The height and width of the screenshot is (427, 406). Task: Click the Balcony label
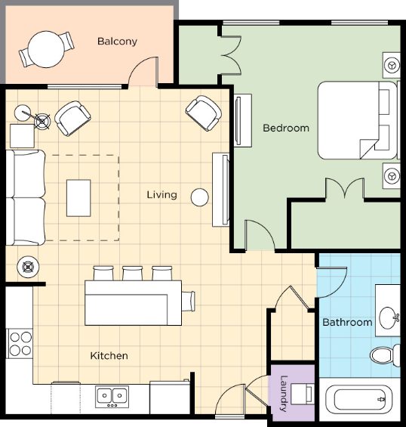(117, 42)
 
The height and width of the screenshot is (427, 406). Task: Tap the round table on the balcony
(47, 49)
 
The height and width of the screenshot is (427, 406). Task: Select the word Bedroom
(286, 128)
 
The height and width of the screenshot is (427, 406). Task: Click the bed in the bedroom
(357, 120)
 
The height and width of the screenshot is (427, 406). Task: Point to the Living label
(161, 195)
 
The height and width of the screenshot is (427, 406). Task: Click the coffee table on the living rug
(78, 198)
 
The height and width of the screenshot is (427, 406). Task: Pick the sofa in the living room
(26, 197)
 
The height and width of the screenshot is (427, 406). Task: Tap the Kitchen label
(109, 356)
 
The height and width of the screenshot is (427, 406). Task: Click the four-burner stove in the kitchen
(20, 344)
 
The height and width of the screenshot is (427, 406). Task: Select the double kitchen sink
(112, 397)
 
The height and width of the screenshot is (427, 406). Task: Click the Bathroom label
(347, 323)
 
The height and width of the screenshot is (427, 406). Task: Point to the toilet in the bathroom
(385, 355)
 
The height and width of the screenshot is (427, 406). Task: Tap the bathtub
(360, 400)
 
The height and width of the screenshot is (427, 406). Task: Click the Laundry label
(284, 393)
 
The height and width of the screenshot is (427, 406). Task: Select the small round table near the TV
(199, 197)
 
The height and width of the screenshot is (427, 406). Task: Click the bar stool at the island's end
(189, 301)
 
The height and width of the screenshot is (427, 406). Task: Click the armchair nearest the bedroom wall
(204, 113)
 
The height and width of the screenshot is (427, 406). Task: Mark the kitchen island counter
(133, 303)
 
